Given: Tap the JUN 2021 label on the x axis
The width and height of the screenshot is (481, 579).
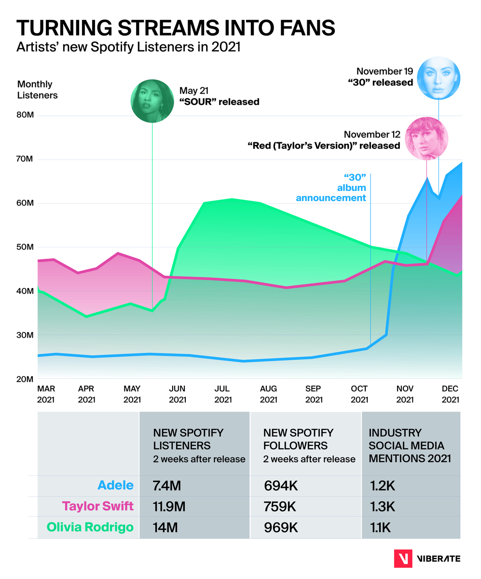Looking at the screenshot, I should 178,394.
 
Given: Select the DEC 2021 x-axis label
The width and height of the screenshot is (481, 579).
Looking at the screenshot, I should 450,394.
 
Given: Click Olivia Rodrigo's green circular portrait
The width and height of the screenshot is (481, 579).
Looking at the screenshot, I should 152,101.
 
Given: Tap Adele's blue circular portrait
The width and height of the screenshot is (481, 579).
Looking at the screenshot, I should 439,78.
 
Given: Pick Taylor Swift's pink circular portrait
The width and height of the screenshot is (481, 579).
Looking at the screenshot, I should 427,138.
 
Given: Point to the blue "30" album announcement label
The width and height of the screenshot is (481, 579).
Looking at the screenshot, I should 331,188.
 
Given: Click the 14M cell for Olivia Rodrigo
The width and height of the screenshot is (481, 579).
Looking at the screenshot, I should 165,527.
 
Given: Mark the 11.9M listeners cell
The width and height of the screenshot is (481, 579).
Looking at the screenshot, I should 169,507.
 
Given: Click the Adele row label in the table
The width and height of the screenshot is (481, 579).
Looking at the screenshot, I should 115,486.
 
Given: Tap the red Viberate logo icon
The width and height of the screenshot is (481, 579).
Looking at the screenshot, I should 402,558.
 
